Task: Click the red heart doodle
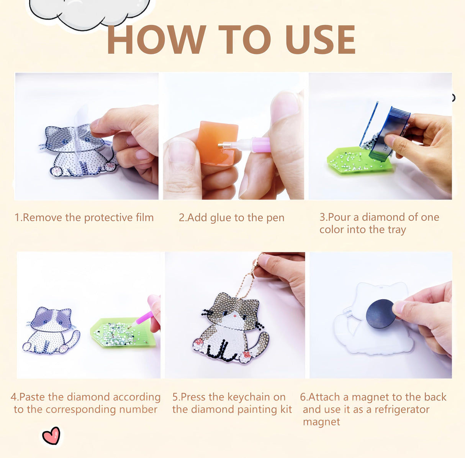pos(51,435)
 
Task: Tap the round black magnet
pos(381,314)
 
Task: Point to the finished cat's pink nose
pos(235,316)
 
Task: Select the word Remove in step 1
pos(43,217)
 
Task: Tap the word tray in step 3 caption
pos(397,230)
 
